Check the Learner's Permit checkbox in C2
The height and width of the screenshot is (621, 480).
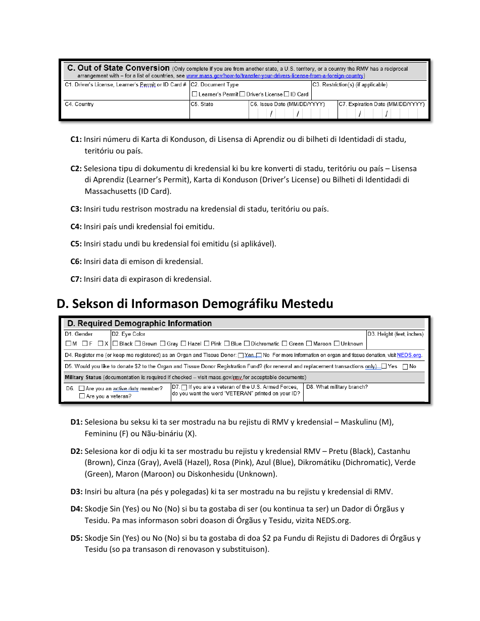pos(195,94)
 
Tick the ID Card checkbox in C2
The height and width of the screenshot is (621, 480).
pos(286,94)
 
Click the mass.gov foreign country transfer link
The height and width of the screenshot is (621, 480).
pos(275,76)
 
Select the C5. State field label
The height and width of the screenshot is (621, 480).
pos(202,105)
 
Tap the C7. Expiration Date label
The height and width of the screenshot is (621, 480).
pos(381,105)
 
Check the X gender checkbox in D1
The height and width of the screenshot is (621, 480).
pos(101,344)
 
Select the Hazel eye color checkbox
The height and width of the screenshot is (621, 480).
pos(183,344)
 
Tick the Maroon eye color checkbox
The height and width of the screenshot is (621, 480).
pos(309,344)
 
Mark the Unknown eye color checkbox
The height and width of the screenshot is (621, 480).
pos(337,344)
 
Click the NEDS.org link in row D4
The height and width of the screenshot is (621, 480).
pos(409,355)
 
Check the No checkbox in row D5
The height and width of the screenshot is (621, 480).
pos(405,367)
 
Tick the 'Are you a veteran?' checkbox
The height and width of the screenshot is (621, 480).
pos(82,396)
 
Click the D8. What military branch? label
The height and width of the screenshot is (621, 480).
pos(337,387)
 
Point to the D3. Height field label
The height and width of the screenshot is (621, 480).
pos(395,334)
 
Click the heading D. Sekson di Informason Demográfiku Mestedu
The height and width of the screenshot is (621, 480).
pos(195,303)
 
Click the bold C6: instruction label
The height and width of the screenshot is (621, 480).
pos(76,262)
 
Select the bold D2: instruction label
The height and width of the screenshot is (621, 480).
pos(76,451)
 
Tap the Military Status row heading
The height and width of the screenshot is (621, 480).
pos(83,378)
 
